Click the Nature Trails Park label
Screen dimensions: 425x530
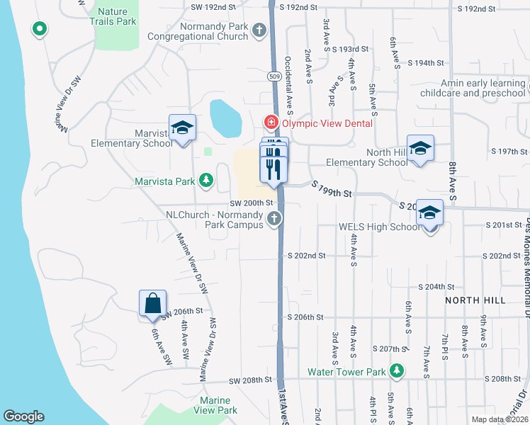(116, 16)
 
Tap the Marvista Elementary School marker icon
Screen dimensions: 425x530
(182, 128)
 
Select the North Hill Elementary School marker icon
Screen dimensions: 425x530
(420, 148)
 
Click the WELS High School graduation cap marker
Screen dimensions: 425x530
(429, 212)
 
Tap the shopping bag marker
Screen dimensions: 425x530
(152, 303)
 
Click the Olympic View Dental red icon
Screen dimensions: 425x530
(270, 123)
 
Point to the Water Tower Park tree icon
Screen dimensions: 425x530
(397, 371)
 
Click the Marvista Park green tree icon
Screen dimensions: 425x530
(206, 181)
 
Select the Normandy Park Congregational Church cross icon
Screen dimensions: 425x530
(259, 30)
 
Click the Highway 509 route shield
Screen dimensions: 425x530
(273, 75)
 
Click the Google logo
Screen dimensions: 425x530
(23, 416)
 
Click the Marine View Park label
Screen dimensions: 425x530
(216, 405)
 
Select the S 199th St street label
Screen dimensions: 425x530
(333, 187)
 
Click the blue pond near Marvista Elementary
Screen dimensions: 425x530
(225, 118)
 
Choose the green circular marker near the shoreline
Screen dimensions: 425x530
(40, 29)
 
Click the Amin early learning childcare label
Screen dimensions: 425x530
(473, 88)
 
